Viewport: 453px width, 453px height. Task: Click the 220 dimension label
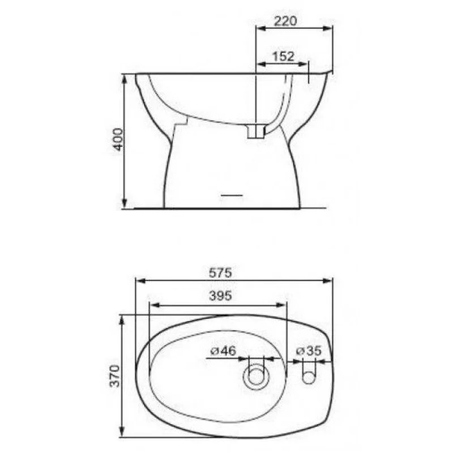[x=285, y=21]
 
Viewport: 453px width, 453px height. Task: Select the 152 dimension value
[x=283, y=56]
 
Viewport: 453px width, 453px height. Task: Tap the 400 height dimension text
[x=118, y=139]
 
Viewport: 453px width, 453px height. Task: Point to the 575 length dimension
[x=220, y=272]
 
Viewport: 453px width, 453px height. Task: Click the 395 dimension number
[x=220, y=296]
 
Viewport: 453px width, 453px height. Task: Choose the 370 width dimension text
[x=115, y=376]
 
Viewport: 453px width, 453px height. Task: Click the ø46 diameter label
[x=223, y=351]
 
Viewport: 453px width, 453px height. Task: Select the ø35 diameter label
[x=309, y=351]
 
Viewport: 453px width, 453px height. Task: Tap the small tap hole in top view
[x=309, y=378]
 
